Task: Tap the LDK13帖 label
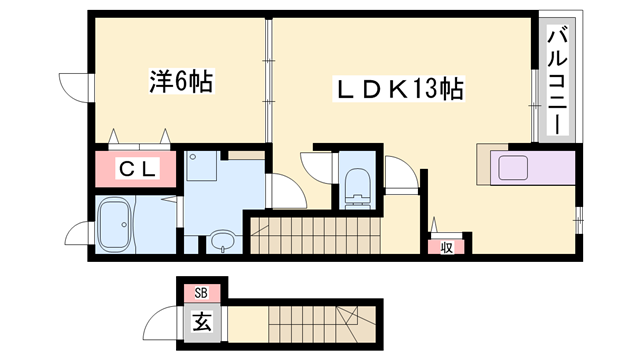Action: (397, 90)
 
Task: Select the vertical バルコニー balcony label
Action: (553, 79)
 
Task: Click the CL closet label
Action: (138, 169)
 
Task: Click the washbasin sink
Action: (221, 241)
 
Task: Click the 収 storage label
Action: (446, 246)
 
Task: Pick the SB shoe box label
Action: (201, 293)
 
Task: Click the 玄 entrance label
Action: (201, 322)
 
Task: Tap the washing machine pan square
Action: (204, 165)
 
